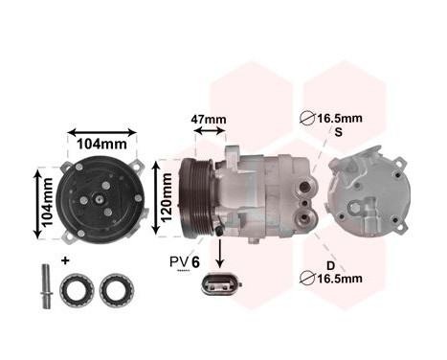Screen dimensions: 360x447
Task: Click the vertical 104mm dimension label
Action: click(x=42, y=203)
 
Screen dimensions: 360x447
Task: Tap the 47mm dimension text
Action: click(x=209, y=121)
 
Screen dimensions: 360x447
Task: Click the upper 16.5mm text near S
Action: click(x=339, y=120)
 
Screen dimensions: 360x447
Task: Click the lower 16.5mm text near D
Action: click(x=338, y=279)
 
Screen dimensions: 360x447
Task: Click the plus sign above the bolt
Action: click(x=65, y=260)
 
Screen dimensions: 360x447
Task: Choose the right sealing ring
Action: click(x=116, y=288)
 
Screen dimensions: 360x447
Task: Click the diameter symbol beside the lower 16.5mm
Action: click(x=308, y=279)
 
